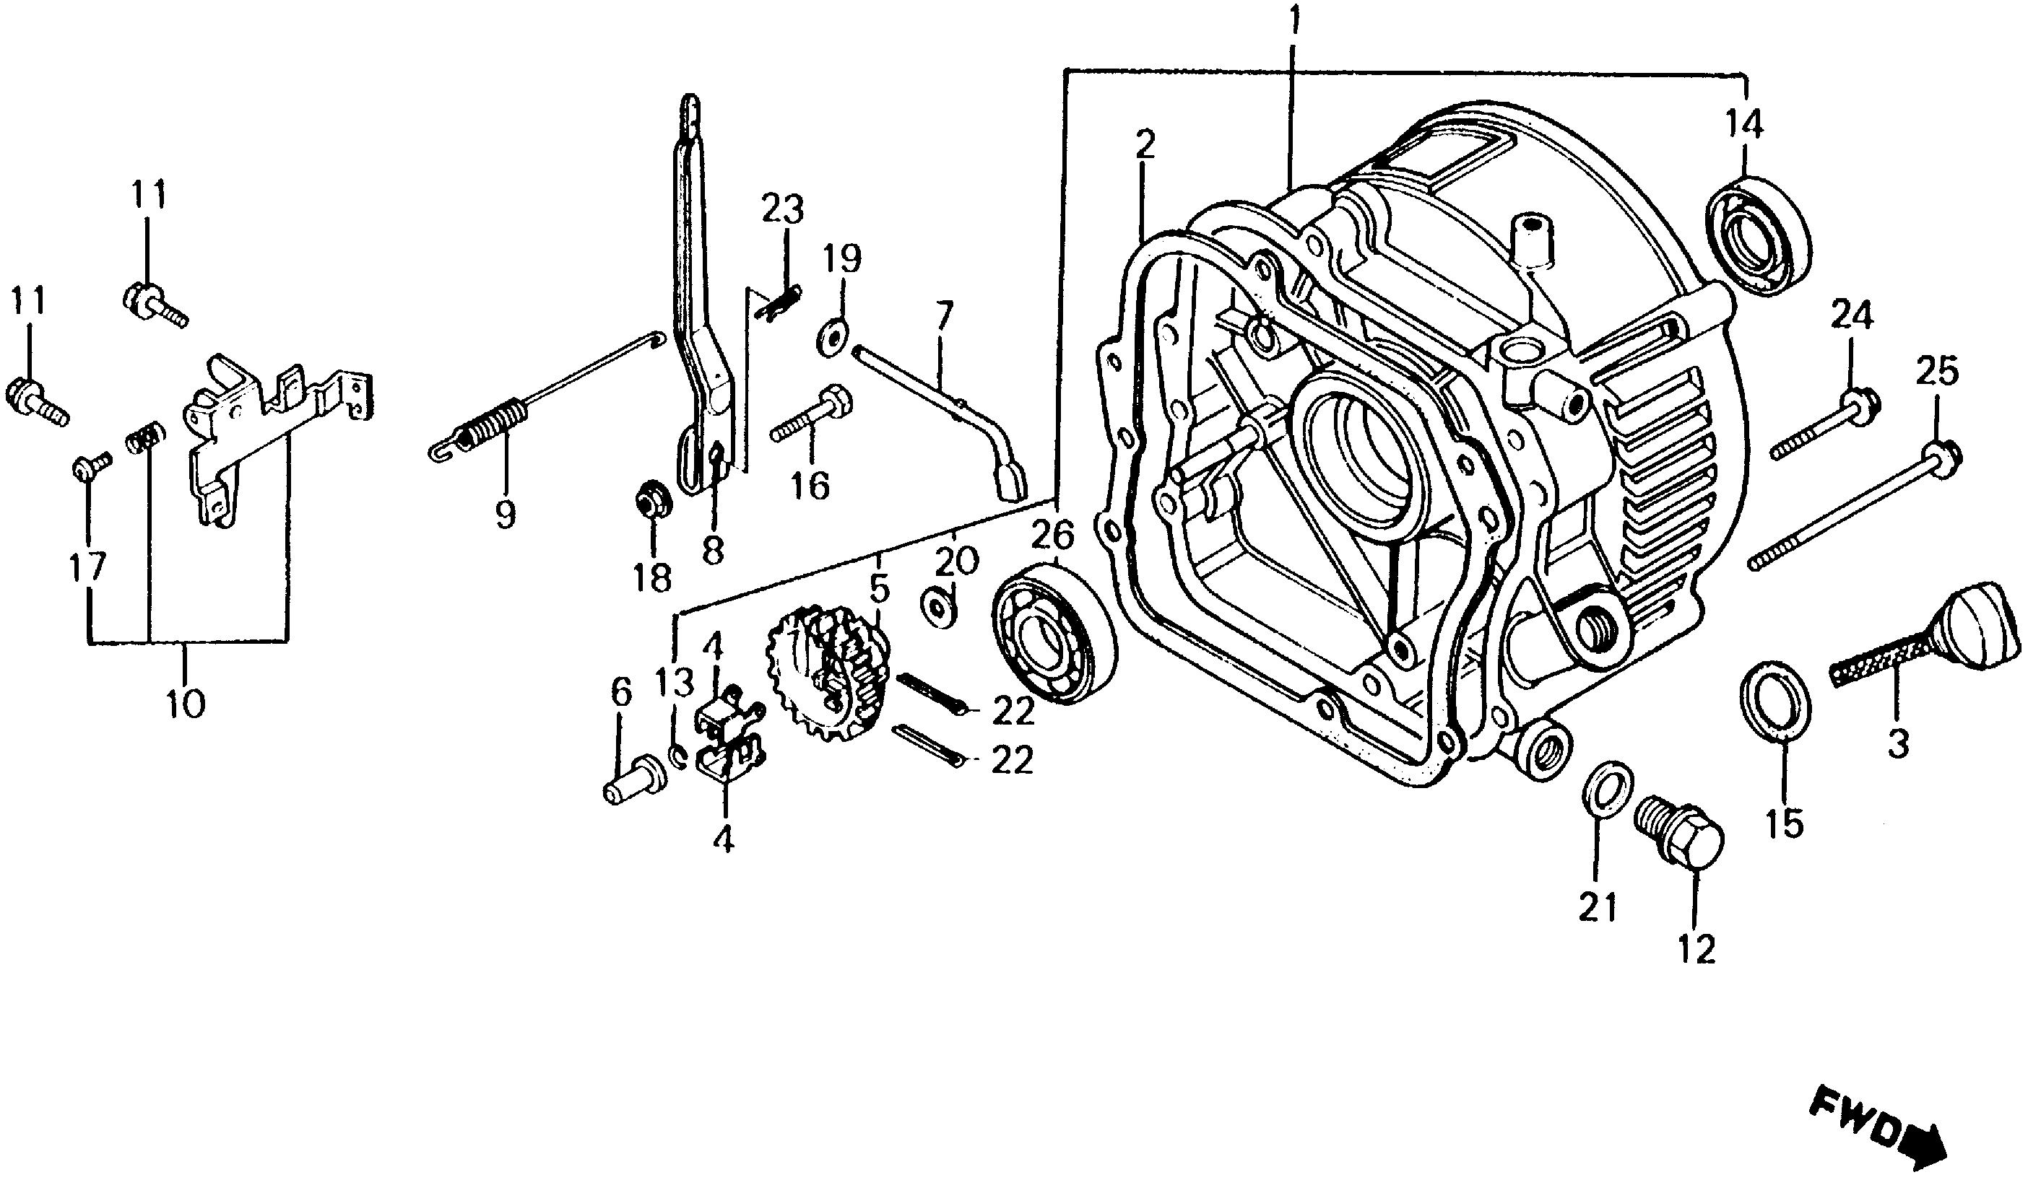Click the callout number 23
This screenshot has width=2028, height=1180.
click(782, 211)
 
